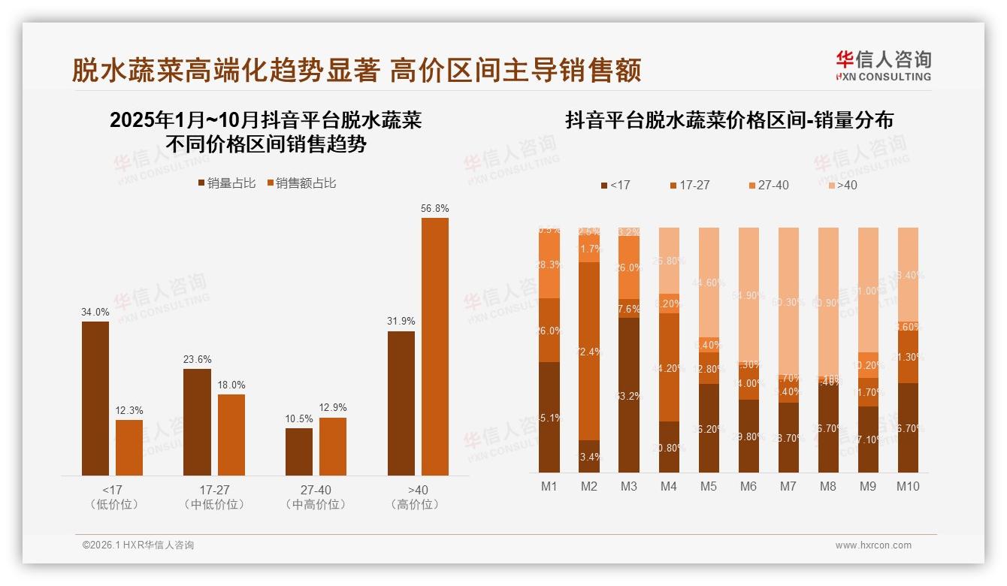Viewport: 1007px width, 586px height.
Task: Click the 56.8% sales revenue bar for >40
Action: [x=434, y=346]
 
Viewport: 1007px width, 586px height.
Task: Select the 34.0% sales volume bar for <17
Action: [x=95, y=398]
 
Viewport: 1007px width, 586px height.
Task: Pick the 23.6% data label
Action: [x=197, y=359]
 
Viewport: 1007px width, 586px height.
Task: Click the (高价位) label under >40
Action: [x=415, y=505]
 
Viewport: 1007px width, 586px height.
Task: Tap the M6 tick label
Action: [x=748, y=487]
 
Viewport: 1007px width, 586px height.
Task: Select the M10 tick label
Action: [x=908, y=487]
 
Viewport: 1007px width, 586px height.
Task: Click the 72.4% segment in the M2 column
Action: [x=589, y=351]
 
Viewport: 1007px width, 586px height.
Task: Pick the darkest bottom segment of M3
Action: [x=629, y=395]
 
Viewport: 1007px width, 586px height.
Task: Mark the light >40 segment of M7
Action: [x=788, y=301]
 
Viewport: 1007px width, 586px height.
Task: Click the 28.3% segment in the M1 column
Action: [x=549, y=266]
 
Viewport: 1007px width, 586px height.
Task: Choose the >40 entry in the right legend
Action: [x=842, y=185]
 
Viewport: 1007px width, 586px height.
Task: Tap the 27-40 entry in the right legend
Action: [x=769, y=185]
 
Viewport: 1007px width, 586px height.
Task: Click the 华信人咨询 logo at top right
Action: [x=883, y=65]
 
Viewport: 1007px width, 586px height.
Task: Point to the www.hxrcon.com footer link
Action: [x=873, y=545]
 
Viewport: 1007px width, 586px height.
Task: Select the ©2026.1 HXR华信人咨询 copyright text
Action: [x=138, y=545]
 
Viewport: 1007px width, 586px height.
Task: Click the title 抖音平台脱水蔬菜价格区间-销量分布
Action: [x=729, y=120]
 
